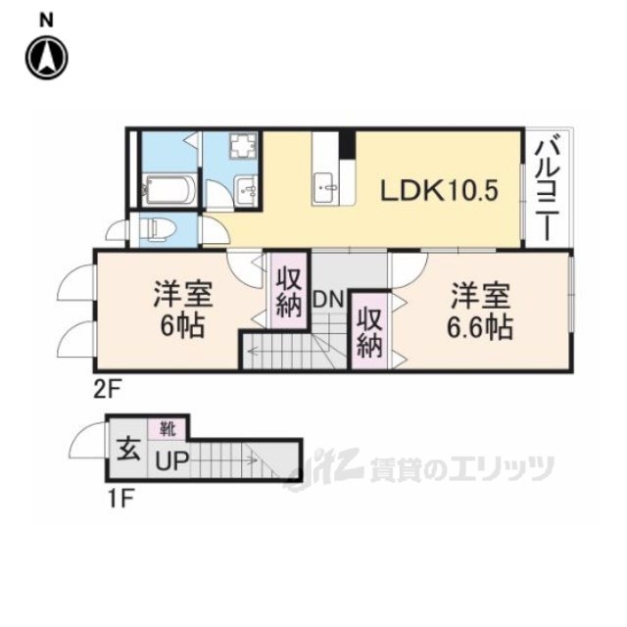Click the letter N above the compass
(x=45, y=18)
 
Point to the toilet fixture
(x=156, y=228)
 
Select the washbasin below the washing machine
(x=247, y=189)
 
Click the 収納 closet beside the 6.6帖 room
(x=369, y=330)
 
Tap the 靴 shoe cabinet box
(x=162, y=427)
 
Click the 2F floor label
(x=107, y=388)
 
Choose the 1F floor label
(x=120, y=496)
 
